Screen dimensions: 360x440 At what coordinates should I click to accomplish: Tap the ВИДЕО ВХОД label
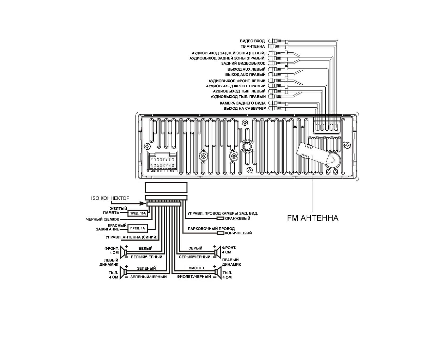click(252, 41)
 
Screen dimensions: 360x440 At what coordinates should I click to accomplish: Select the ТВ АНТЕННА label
click(253, 47)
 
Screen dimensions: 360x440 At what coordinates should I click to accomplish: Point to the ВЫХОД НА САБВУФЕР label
click(245, 108)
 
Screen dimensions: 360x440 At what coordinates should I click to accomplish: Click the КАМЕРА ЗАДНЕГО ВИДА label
click(243, 103)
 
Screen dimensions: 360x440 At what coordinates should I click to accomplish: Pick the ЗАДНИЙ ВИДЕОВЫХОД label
click(243, 64)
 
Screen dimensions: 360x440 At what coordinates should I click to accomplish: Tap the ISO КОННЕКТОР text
click(110, 198)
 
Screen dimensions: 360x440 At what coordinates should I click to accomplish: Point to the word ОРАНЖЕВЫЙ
click(237, 218)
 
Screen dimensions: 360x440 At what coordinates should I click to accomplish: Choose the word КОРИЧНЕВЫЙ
click(238, 233)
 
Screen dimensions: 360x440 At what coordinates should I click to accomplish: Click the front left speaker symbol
click(124, 252)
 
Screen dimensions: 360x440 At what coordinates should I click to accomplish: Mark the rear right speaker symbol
click(218, 272)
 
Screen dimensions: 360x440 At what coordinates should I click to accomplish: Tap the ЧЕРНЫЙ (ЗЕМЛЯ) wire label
click(103, 219)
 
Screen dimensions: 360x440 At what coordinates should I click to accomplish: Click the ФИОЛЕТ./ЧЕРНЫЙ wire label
click(194, 277)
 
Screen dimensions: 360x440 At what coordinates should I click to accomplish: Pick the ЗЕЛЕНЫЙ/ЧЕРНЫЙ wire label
click(148, 277)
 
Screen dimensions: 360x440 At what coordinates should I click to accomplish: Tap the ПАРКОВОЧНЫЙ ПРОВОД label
click(211, 229)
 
